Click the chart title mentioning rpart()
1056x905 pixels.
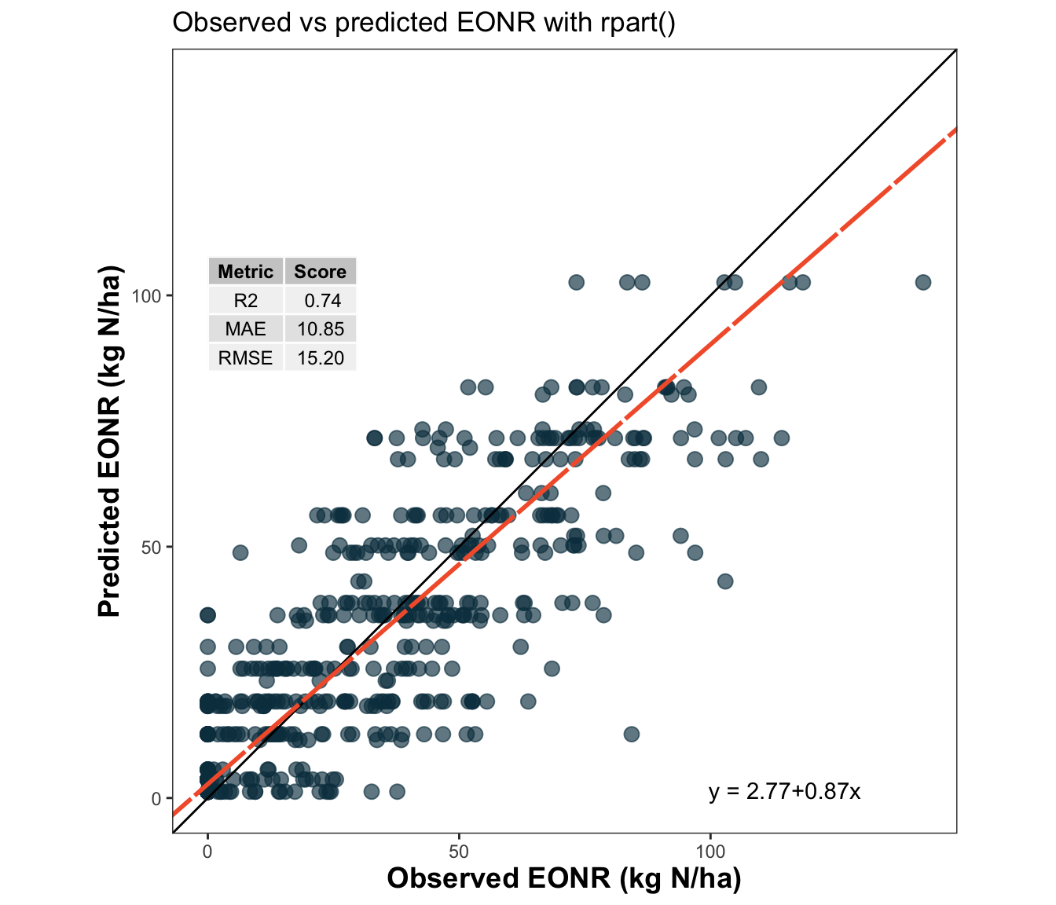(423, 23)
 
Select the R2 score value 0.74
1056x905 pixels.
(321, 300)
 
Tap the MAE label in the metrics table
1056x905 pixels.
(245, 329)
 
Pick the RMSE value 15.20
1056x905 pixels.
(321, 358)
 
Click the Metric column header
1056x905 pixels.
(245, 272)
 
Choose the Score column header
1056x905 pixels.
(320, 272)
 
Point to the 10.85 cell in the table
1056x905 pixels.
(321, 329)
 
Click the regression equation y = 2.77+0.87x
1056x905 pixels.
(784, 791)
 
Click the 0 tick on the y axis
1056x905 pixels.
(156, 799)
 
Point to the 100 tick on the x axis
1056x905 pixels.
(710, 852)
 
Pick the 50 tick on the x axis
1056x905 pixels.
(459, 852)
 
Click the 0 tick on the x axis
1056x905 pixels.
(207, 852)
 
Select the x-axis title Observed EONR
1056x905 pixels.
(563, 878)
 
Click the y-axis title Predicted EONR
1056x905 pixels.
(110, 442)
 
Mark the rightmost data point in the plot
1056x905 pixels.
(923, 282)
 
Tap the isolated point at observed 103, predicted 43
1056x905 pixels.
(725, 581)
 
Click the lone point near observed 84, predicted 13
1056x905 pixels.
(631, 734)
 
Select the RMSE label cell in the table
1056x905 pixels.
(245, 358)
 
